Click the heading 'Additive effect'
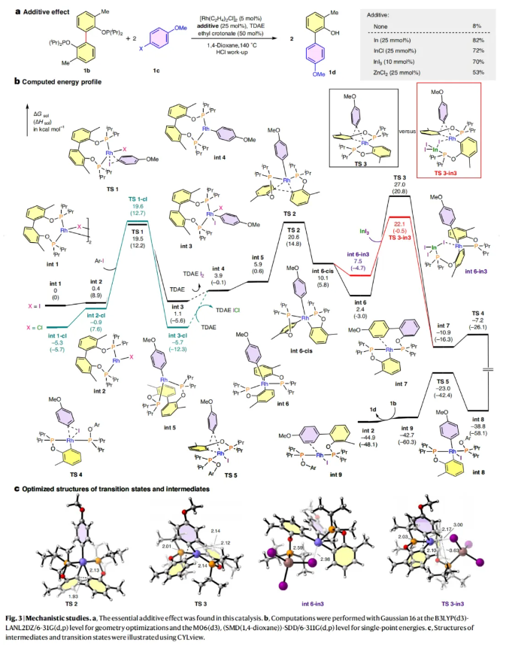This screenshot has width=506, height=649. click(x=45, y=6)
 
